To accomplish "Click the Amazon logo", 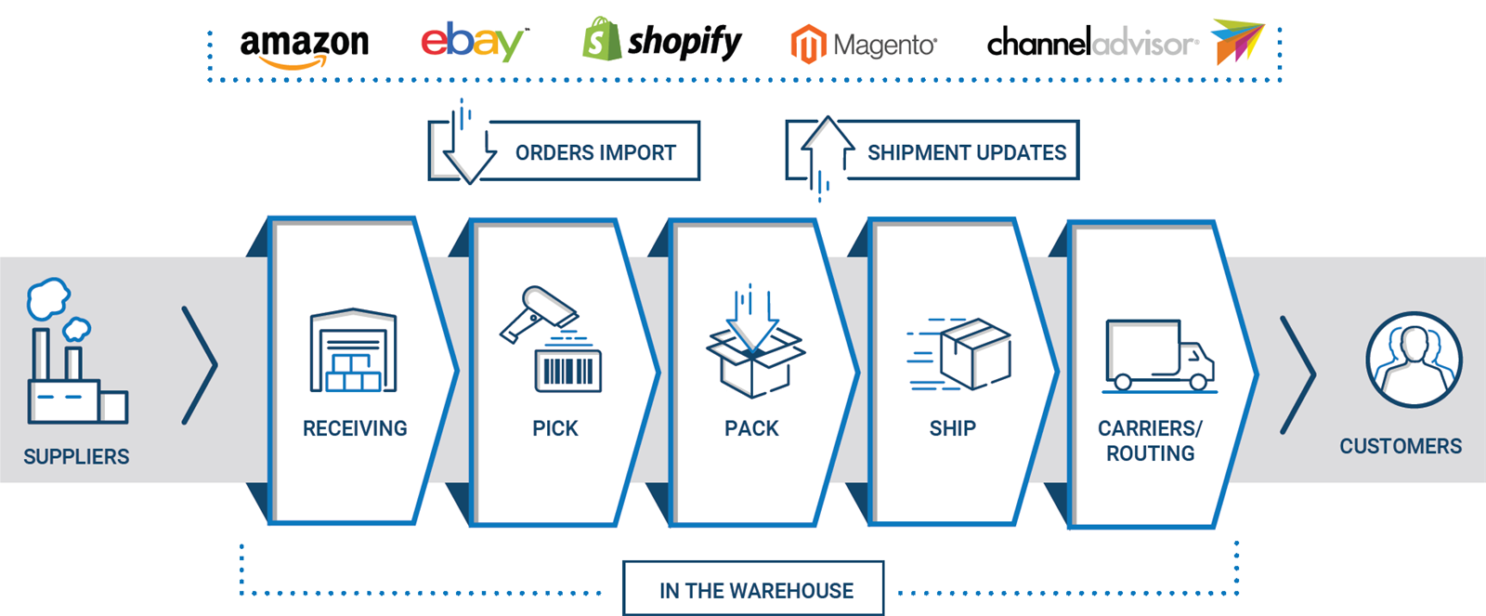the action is [x=304, y=47].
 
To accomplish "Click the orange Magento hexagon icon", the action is [x=808, y=44].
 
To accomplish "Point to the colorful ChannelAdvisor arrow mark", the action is [x=1236, y=41].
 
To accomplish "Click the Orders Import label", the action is [x=595, y=152].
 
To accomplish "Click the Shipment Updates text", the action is [x=967, y=152].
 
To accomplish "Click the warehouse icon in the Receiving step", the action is [x=353, y=350].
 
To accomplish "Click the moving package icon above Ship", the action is [x=958, y=354].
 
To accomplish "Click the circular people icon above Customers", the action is [x=1413, y=360].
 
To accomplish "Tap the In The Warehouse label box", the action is [x=753, y=589].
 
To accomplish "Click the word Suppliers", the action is [x=76, y=457].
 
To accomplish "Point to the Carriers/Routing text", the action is [x=1151, y=440].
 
